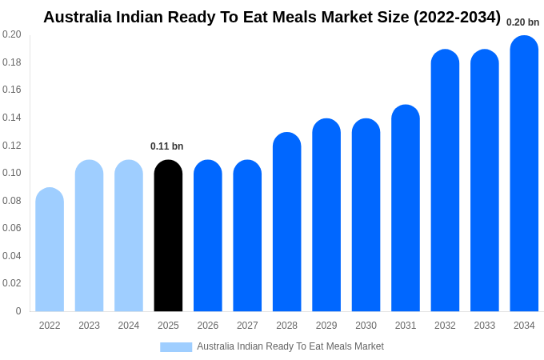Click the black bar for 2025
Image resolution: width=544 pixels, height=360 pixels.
(x=168, y=236)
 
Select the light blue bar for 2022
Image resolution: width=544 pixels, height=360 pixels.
(x=50, y=250)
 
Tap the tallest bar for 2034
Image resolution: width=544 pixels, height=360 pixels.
(x=524, y=174)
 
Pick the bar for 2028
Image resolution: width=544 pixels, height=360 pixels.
(x=286, y=222)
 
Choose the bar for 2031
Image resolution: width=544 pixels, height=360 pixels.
(x=406, y=208)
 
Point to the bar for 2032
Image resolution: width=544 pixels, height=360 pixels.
(x=445, y=181)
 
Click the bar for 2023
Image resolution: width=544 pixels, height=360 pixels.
(x=89, y=236)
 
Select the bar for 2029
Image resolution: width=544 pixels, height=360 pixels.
(x=326, y=215)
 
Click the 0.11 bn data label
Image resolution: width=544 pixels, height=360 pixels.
(x=167, y=146)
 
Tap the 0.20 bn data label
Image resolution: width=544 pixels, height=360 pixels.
(x=522, y=22)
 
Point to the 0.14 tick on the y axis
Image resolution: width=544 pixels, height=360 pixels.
(x=12, y=118)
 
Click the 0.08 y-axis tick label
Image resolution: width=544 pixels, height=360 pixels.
(x=12, y=201)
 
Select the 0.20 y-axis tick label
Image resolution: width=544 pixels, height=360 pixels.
(x=12, y=34)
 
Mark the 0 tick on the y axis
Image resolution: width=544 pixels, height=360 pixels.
(x=18, y=311)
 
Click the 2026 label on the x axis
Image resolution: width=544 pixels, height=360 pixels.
(x=208, y=326)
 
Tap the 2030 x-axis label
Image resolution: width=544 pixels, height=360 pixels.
(x=366, y=326)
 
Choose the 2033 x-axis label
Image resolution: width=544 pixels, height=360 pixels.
(x=485, y=326)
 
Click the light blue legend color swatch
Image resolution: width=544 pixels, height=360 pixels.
(x=176, y=346)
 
